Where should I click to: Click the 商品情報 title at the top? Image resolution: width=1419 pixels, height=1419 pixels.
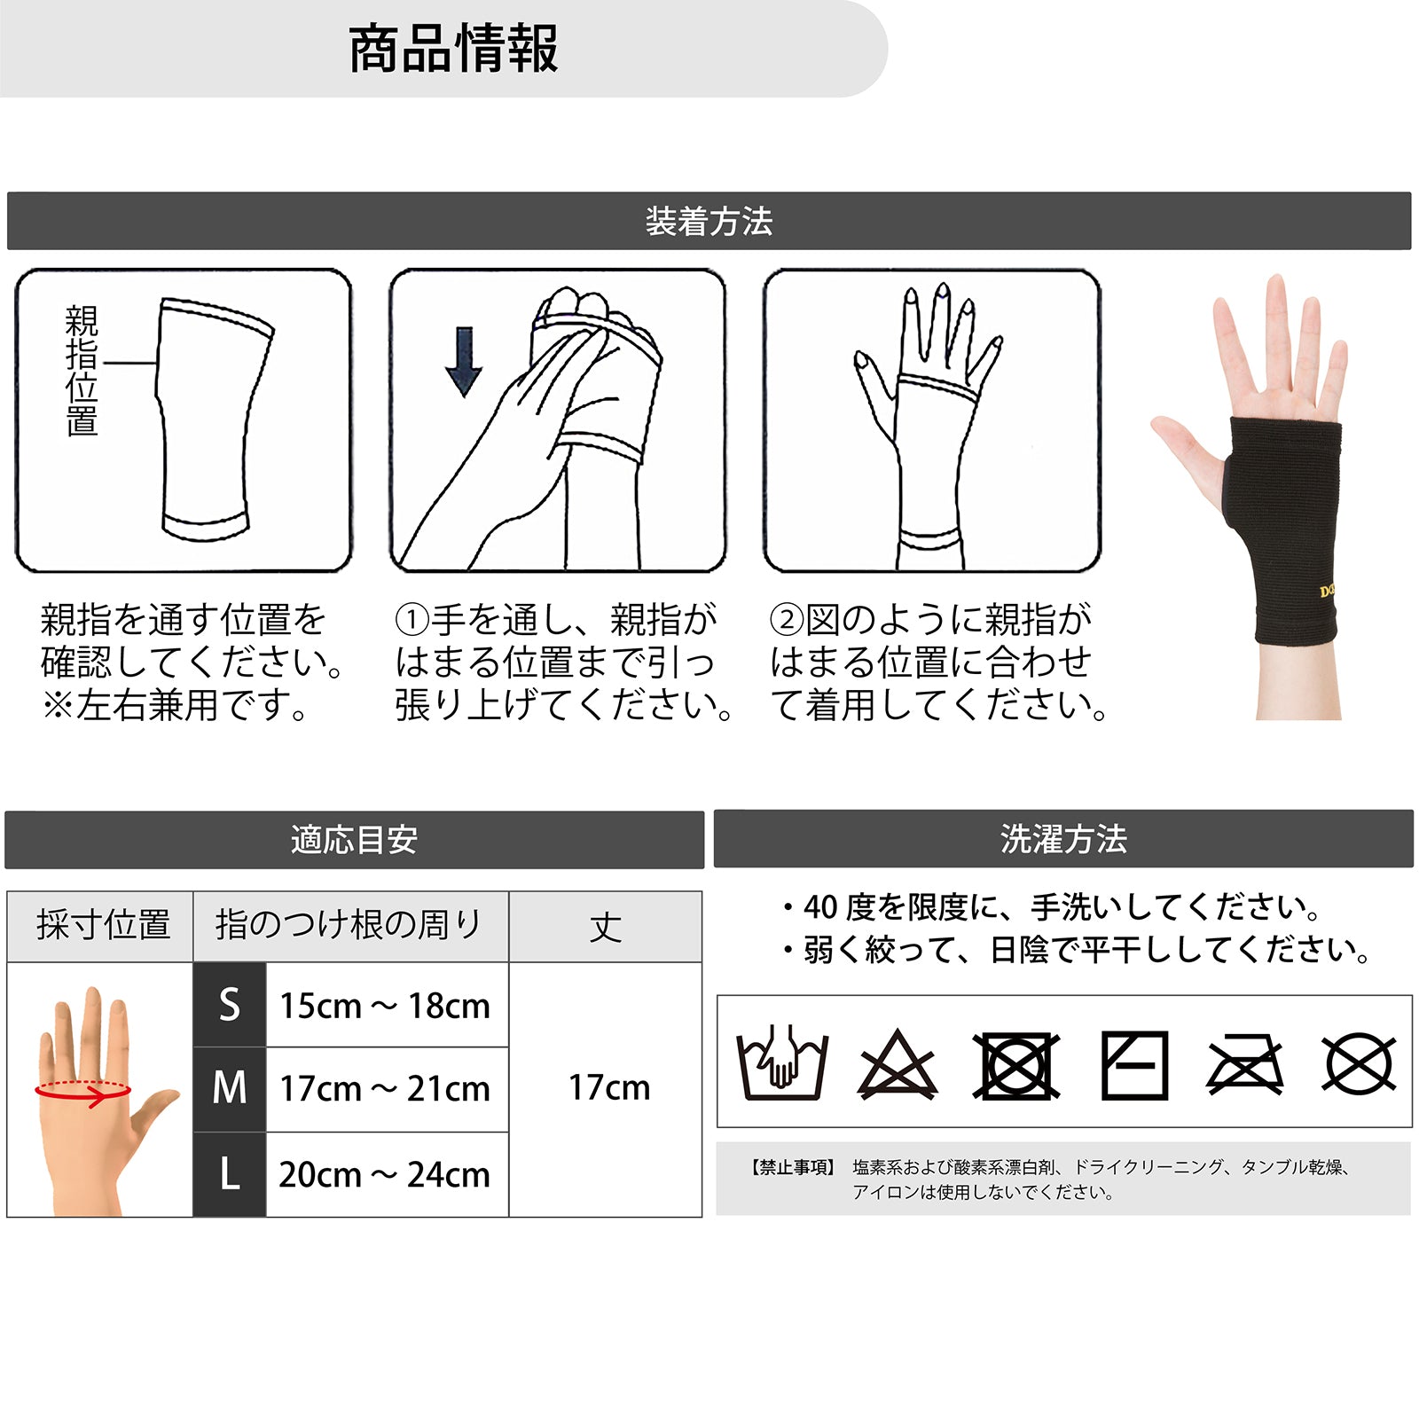pos(453,49)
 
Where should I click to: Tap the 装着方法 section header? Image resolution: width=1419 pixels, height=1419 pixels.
pos(709,221)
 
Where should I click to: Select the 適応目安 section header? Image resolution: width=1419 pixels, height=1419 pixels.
pos(354,839)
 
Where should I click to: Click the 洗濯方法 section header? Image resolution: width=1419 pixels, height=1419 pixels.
pos(1063,838)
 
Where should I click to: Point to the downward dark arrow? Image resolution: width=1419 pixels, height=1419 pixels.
pos(463,362)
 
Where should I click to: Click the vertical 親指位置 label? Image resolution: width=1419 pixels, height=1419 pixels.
pos(82,371)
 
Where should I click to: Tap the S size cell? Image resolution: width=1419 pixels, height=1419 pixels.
pos(230,1005)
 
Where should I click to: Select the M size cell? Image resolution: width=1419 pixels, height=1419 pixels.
pos(230,1089)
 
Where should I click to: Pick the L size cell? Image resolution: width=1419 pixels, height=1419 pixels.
pos(230,1174)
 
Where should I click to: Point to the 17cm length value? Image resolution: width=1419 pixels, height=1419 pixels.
pos(609,1087)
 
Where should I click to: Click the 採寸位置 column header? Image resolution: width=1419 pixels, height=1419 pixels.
pos(103,925)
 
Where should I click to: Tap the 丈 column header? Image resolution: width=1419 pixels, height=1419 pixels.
pos(606,927)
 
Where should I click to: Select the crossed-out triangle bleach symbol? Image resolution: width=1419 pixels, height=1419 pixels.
pos(898,1064)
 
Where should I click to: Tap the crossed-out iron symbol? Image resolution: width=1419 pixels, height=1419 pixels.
pos(1245,1064)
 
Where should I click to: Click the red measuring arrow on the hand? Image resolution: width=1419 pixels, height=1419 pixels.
pos(82,1092)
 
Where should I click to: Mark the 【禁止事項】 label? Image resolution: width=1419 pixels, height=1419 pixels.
pos(792,1167)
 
